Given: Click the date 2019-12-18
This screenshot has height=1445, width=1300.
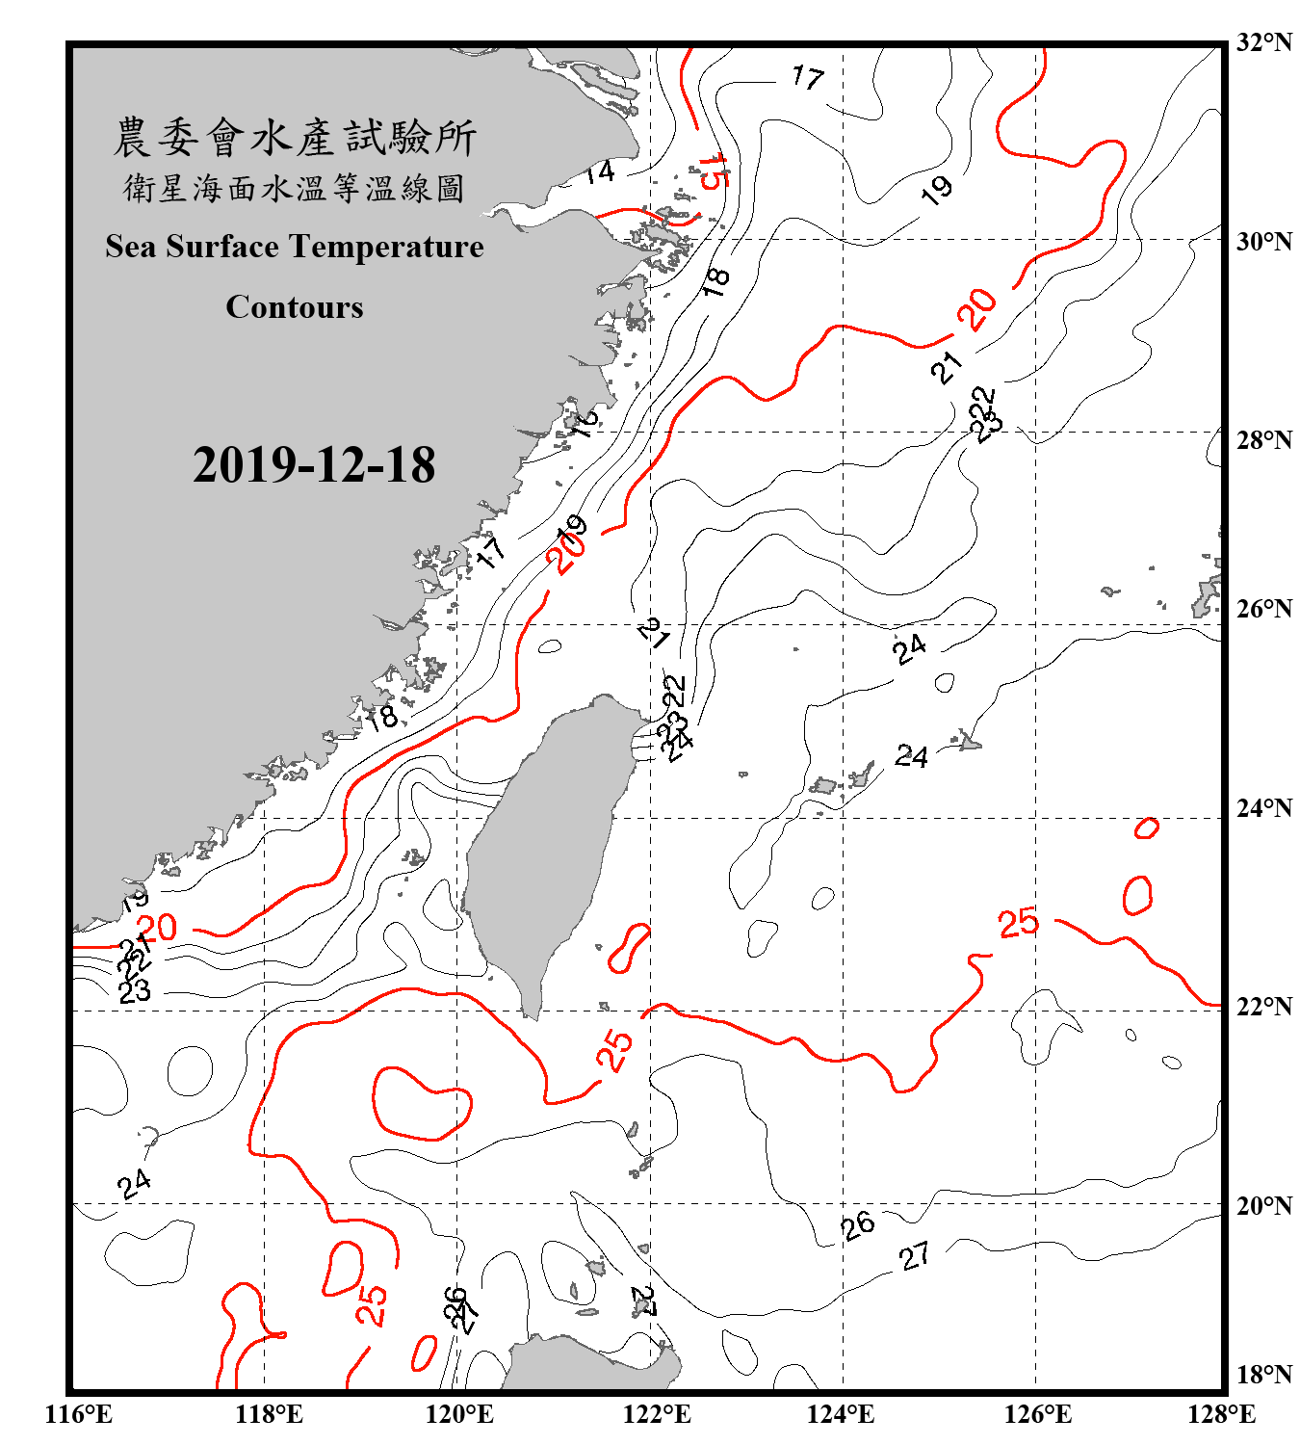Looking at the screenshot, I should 314,465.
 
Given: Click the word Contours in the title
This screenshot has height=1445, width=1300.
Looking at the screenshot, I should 295,307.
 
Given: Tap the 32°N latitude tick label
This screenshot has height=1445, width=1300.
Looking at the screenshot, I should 1263,42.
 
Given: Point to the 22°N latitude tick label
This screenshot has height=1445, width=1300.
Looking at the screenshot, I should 1263,1007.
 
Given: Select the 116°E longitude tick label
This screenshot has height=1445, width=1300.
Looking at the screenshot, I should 79,1414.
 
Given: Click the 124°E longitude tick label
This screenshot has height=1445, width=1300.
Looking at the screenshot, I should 841,1414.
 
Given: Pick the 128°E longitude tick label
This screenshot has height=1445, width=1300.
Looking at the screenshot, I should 1221,1414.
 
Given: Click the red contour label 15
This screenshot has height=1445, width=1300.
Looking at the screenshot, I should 714,171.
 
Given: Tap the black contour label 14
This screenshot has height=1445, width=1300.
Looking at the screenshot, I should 599,172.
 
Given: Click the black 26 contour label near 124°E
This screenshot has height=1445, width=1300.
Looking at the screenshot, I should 857,1225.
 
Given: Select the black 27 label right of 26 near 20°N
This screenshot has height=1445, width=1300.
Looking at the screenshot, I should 915,1255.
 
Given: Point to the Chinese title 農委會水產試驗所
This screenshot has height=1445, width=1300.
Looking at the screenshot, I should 295,137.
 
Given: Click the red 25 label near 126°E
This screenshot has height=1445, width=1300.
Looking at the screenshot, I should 1018,923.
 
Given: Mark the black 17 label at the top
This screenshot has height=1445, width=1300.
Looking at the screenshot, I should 807,76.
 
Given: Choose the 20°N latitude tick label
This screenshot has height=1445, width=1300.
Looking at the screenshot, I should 1263,1206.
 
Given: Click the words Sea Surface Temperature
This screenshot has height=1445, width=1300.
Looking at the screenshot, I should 295,247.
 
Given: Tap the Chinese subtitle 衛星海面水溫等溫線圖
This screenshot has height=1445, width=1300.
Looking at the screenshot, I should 295,188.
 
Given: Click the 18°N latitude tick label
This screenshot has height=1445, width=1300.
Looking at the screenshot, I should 1263,1375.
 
